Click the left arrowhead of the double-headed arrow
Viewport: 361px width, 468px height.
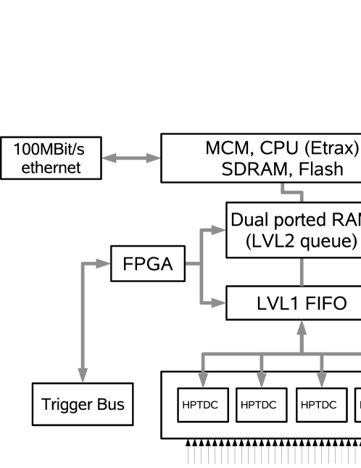[x=109, y=158]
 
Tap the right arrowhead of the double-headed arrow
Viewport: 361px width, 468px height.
[x=154, y=158]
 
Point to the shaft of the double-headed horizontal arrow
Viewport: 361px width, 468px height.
[x=131, y=158]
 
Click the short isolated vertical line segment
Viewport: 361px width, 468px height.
[x=302, y=272]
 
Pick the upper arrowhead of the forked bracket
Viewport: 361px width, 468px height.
[x=219, y=230]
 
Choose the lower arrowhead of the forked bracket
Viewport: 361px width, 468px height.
[x=219, y=303]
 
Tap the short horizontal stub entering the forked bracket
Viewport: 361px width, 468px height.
[x=192, y=263]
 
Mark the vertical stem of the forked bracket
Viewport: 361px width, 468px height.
[x=202, y=266]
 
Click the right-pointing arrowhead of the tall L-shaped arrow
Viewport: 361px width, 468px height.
[x=103, y=263]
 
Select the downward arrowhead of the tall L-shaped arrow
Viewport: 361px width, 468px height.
[x=83, y=375]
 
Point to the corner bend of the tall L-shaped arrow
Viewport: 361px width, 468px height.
[x=83, y=263]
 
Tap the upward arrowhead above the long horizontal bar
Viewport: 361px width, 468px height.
[x=302, y=327]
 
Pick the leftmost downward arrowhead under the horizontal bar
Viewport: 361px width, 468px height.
[x=203, y=380]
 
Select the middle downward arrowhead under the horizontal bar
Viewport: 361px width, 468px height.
[x=262, y=380]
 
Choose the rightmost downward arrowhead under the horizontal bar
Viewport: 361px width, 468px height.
[x=322, y=380]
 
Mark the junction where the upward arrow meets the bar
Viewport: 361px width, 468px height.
[x=302, y=354]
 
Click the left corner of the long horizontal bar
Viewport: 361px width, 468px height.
[x=203, y=354]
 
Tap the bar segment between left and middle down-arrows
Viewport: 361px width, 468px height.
[x=232, y=354]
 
